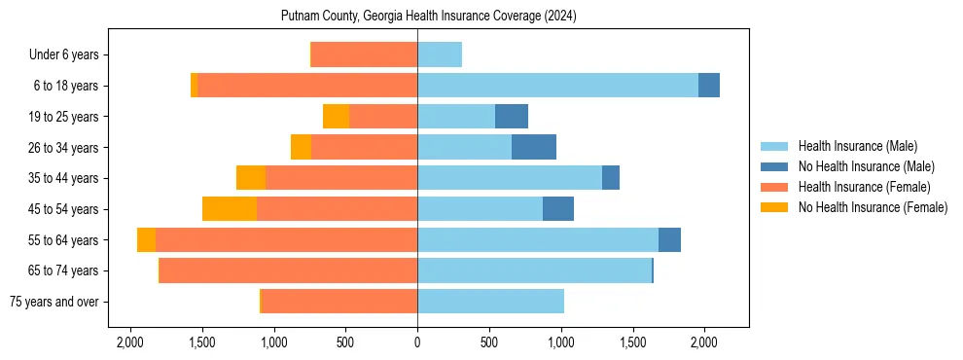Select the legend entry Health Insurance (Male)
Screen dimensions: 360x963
857,146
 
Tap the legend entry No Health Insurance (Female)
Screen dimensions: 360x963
873,207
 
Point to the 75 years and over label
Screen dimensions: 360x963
53,302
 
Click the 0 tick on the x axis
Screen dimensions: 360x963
417,342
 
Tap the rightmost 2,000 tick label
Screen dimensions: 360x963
704,342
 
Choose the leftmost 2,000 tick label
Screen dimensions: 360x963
130,342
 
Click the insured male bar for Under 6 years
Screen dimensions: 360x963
440,54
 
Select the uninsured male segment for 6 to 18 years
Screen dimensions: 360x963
709,86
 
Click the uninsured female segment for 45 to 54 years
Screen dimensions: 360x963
230,209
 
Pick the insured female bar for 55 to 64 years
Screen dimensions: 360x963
286,240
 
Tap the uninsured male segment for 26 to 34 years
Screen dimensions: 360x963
534,147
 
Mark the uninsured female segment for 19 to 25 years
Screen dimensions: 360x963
337,117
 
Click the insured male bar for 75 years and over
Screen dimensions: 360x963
490,302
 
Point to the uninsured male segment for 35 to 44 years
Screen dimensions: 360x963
611,178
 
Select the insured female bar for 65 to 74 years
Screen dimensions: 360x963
288,270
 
